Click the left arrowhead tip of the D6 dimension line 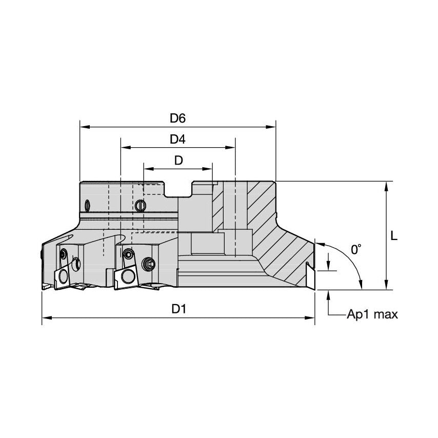click(x=80, y=127)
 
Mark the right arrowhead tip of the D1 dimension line click(x=315, y=317)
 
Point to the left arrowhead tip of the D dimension click(x=144, y=169)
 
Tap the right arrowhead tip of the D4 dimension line click(x=235, y=148)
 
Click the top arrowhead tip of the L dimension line click(x=386, y=182)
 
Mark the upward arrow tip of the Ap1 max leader click(x=328, y=291)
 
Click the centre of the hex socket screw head click(x=148, y=264)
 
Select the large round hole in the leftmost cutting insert click(x=64, y=276)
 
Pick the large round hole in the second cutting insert click(x=127, y=276)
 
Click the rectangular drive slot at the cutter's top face click(x=177, y=189)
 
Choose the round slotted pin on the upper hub click(x=140, y=206)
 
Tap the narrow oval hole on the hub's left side click(x=88, y=206)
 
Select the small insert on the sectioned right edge click(x=310, y=274)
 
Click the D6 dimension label click(x=177, y=118)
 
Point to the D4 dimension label click(x=177, y=139)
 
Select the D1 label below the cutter click(x=178, y=309)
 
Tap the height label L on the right click(x=394, y=236)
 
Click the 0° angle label click(x=356, y=249)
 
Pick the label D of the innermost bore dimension click(x=178, y=161)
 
